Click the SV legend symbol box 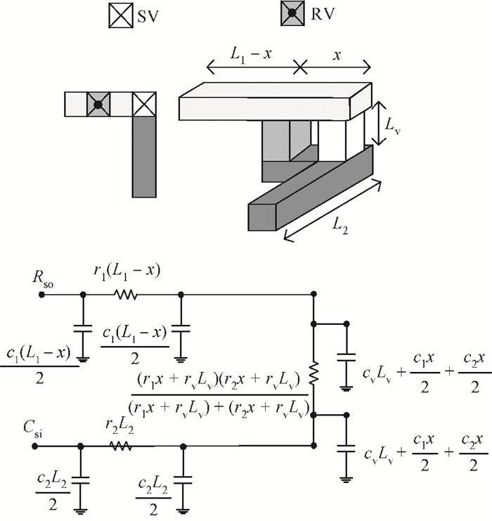[x=121, y=15]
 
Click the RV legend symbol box [x=292, y=13]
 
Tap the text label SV [x=148, y=16]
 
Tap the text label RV [x=323, y=14]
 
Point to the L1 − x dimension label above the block [x=251, y=55]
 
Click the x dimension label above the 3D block [x=337, y=56]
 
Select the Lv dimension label [x=392, y=126]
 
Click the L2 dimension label [x=340, y=227]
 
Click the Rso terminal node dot [x=41, y=295]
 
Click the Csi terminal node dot [x=35, y=446]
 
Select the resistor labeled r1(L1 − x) [x=125, y=295]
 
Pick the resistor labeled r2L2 [x=121, y=446]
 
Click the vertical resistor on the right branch [x=313, y=373]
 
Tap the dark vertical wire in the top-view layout [x=144, y=157]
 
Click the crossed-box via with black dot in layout [x=98, y=104]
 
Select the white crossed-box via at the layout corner [x=144, y=104]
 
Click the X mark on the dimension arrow [x=301, y=67]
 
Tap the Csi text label [x=33, y=430]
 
